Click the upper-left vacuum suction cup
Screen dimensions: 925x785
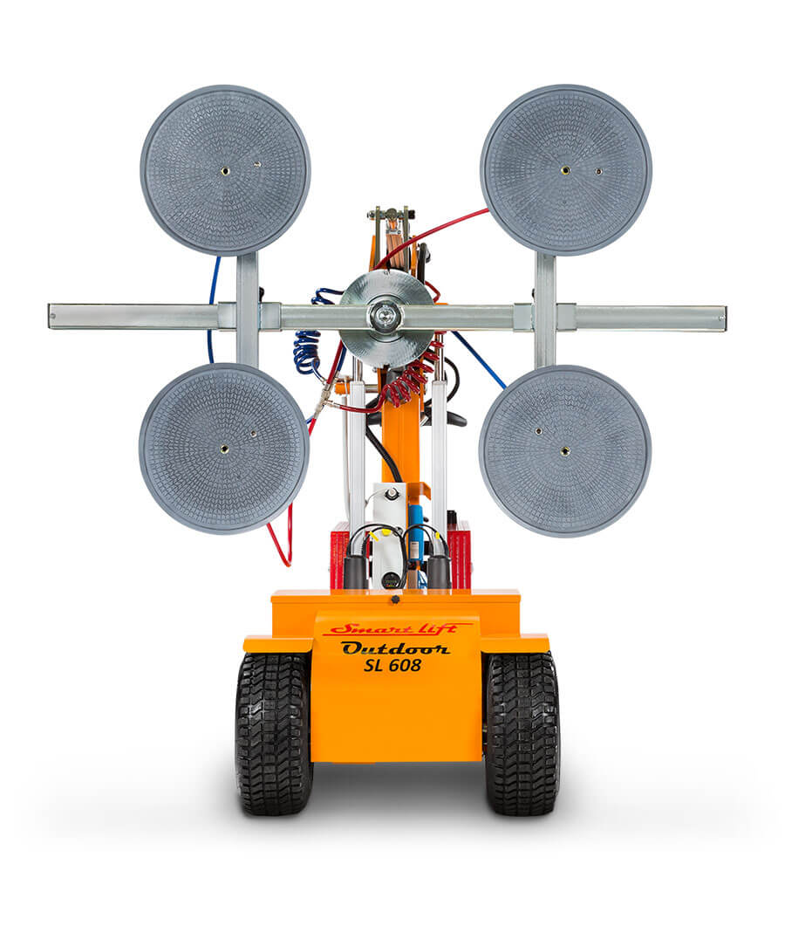point(225,169)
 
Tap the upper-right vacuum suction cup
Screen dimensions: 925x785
point(565,169)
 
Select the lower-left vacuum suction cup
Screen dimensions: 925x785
point(224,448)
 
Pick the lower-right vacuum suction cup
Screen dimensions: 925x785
point(564,450)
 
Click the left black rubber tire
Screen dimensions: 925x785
point(272,733)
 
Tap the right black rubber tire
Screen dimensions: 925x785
point(522,733)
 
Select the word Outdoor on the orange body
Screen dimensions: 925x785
point(395,647)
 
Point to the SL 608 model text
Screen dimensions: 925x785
point(392,666)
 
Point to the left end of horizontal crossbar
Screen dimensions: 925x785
point(54,316)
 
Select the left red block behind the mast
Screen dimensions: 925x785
point(338,554)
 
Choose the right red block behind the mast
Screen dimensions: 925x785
point(460,554)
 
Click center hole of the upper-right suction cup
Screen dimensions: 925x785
point(565,169)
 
